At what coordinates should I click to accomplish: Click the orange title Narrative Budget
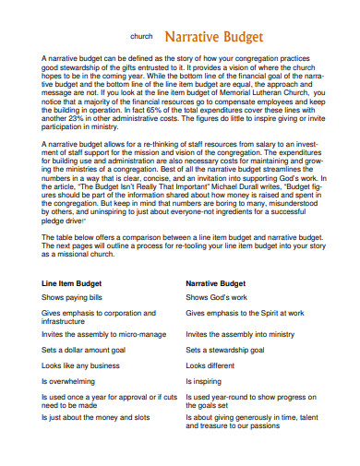click(x=213, y=37)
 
